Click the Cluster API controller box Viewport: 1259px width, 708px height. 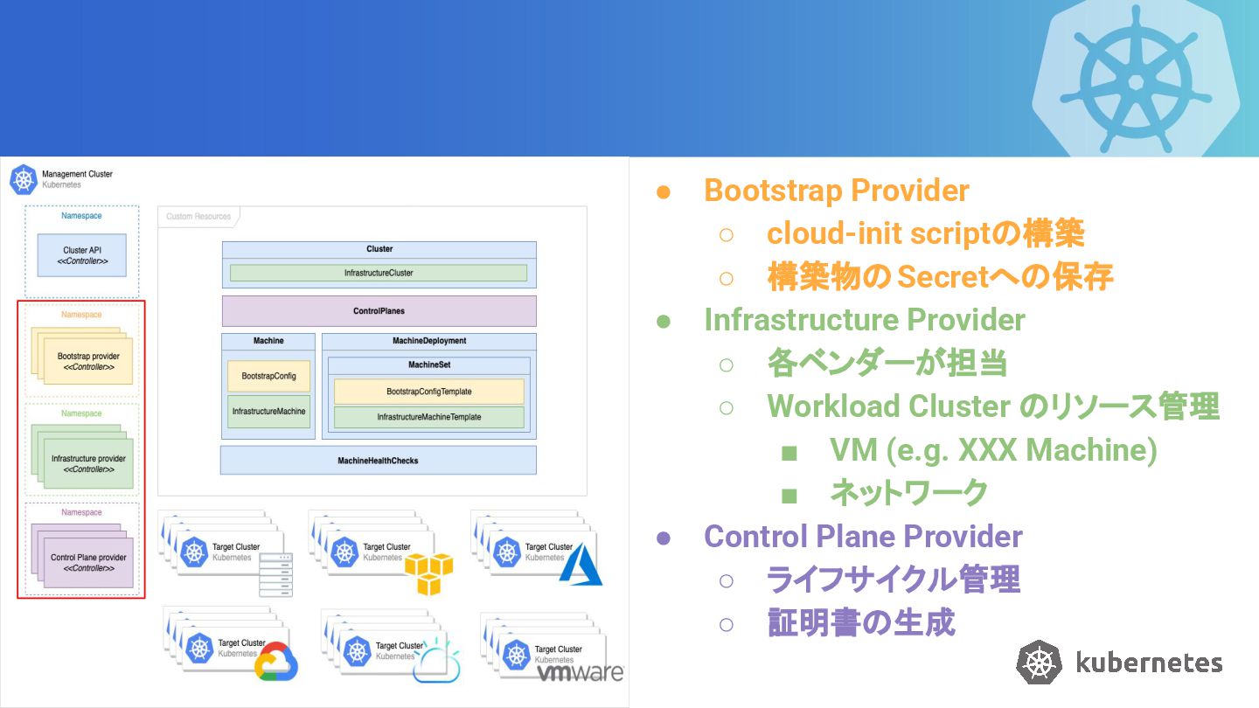click(x=82, y=255)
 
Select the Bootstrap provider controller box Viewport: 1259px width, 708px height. click(x=88, y=361)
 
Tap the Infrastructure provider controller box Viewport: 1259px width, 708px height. click(x=88, y=463)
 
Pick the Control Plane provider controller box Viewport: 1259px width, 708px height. click(x=88, y=563)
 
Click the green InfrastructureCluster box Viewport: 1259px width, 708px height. click(x=379, y=273)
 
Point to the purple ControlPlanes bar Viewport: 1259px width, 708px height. click(x=379, y=311)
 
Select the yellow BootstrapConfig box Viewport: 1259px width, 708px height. click(x=268, y=376)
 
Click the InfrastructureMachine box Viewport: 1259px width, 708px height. click(x=268, y=412)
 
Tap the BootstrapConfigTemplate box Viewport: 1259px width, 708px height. click(x=428, y=392)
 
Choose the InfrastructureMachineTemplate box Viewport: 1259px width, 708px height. click(x=428, y=417)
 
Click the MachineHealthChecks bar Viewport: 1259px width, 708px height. click(x=379, y=460)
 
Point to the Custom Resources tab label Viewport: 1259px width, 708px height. click(x=198, y=217)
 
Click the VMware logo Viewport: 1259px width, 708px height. click(x=580, y=673)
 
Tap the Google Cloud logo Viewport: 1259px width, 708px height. click(x=276, y=661)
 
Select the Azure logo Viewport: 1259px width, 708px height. click(x=581, y=565)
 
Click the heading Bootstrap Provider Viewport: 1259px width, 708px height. click(x=837, y=191)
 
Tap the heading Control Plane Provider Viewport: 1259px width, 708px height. click(x=863, y=536)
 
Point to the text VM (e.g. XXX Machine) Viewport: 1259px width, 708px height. click(x=993, y=450)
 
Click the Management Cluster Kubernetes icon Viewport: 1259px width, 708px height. click(x=24, y=180)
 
